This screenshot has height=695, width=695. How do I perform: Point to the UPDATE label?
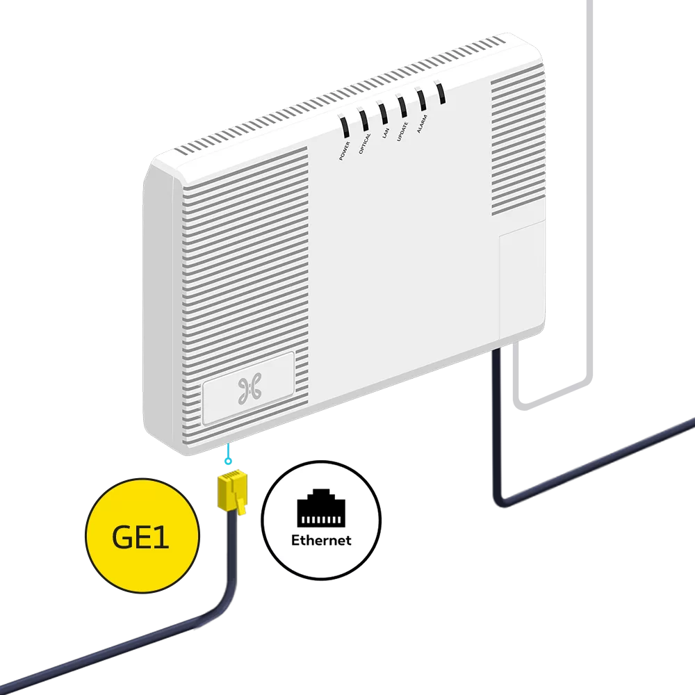tap(402, 130)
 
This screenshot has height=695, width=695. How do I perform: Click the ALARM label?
tap(422, 123)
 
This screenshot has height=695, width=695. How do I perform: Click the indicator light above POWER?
tap(345, 126)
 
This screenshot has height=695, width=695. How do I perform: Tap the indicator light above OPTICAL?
tap(363, 118)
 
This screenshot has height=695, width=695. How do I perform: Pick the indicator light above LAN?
tap(383, 111)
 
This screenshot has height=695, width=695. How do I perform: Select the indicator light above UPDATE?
tap(402, 105)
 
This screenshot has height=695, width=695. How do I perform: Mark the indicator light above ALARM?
tap(420, 98)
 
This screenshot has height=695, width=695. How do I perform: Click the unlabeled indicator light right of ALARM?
tap(439, 91)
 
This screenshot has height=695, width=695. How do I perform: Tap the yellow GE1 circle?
tap(141, 538)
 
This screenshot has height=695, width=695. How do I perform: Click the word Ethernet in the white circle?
tap(321, 539)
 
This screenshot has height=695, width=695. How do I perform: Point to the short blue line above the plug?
tap(227, 459)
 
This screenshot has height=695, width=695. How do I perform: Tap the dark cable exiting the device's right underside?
tap(500, 417)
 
